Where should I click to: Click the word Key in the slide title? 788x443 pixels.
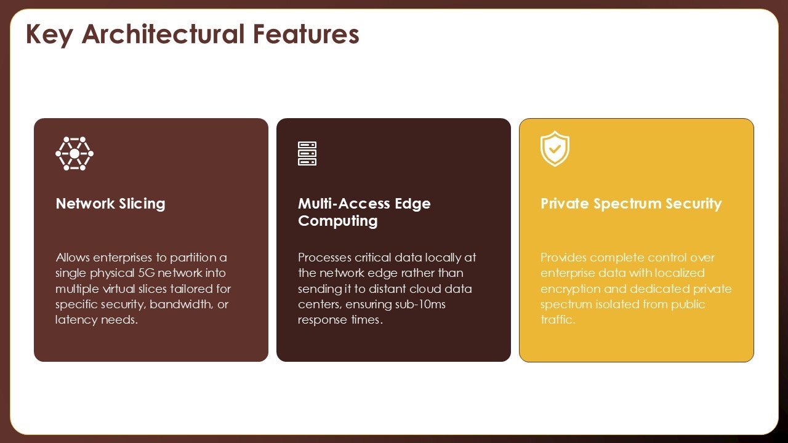(49, 35)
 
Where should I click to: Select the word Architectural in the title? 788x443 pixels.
(163, 34)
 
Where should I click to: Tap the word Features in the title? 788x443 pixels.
(306, 34)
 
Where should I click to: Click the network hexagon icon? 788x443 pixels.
(74, 154)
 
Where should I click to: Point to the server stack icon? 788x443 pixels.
(307, 154)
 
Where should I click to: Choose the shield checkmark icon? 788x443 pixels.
(555, 148)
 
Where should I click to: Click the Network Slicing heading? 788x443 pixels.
(110, 204)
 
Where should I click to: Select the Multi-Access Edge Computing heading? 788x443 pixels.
(364, 212)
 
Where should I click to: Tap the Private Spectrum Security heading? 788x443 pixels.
(631, 204)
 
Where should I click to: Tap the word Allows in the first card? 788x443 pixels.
(73, 258)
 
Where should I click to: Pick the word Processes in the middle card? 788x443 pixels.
(324, 258)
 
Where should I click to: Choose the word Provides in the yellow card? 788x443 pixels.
(563, 258)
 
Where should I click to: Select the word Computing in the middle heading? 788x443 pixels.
(338, 221)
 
